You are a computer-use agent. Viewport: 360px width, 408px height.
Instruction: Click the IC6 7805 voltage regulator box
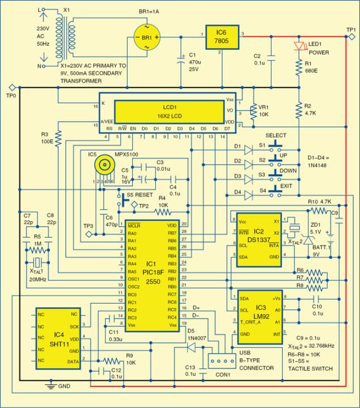[222, 37]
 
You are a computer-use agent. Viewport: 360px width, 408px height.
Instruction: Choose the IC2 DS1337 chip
[258, 240]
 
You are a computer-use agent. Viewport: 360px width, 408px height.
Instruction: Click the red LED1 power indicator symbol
[298, 45]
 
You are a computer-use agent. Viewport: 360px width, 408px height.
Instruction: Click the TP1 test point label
[351, 29]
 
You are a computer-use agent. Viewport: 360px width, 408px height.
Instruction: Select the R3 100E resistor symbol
[58, 138]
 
